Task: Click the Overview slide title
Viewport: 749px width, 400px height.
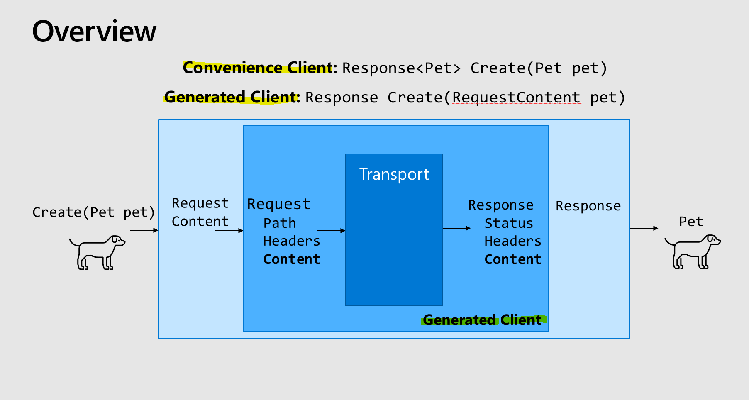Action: [94, 32]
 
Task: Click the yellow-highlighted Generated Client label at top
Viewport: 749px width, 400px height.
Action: [231, 97]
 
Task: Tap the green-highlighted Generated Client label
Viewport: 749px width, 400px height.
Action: [482, 320]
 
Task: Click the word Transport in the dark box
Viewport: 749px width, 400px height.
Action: [394, 174]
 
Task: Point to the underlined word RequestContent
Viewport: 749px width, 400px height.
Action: [516, 98]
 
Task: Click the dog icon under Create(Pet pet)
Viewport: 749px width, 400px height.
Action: [97, 252]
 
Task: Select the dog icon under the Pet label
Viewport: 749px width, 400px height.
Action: [692, 251]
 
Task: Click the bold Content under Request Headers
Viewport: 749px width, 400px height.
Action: [292, 259]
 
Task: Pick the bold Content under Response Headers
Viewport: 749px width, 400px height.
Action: [513, 259]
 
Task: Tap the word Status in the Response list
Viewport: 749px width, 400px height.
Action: [509, 223]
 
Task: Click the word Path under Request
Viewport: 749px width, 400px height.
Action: [280, 223]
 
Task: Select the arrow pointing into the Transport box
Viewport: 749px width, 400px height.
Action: [331, 231]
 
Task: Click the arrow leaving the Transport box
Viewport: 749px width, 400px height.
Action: [456, 228]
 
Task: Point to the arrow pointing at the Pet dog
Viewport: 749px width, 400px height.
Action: [644, 228]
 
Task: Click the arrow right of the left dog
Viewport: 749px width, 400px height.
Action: [144, 230]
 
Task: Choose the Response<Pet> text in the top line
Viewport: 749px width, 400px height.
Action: [401, 68]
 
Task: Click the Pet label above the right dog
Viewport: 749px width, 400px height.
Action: [691, 222]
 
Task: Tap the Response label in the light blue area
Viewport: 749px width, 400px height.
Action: [588, 206]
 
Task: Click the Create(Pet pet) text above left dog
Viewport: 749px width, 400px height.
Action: [93, 212]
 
